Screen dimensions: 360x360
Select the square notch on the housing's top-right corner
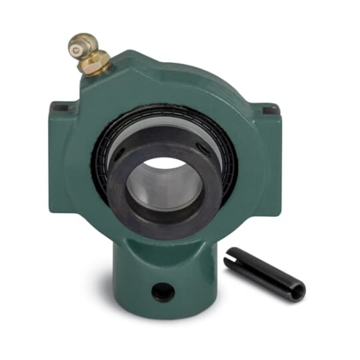pyautogui.click(x=269, y=110)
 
